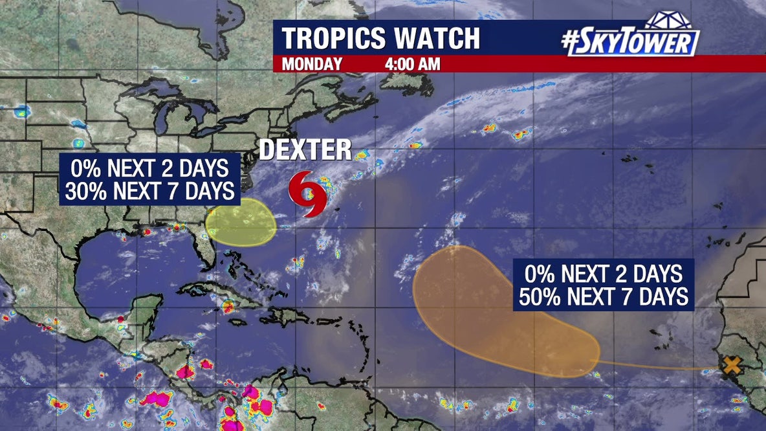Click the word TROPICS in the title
coord(334,38)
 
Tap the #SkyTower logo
coord(631,43)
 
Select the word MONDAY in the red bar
coord(312,64)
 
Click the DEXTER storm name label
coord(305,149)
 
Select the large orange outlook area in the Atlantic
coord(479,311)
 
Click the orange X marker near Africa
coord(732,365)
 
